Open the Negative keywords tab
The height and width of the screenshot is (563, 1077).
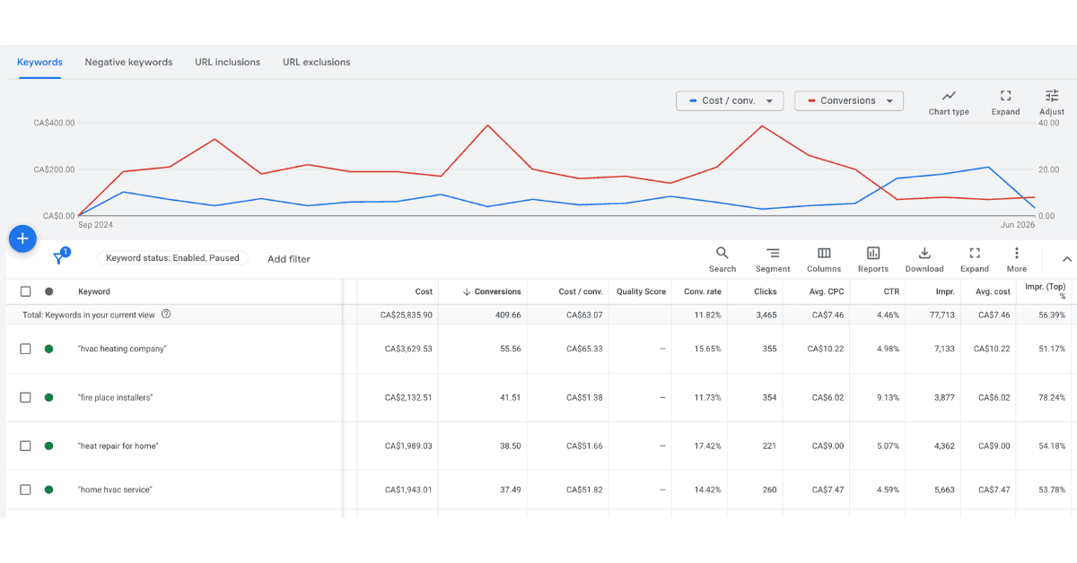point(128,62)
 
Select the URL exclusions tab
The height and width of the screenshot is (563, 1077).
point(316,62)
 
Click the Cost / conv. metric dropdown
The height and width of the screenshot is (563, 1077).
point(730,101)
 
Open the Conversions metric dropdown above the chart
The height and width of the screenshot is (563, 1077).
point(849,101)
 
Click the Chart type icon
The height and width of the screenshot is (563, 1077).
point(949,96)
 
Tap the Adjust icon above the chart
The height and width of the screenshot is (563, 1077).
point(1052,96)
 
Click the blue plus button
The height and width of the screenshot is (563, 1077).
point(22,238)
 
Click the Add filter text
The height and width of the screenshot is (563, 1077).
point(288,259)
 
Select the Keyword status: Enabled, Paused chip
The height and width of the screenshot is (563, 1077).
point(172,258)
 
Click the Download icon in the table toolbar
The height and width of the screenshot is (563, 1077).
point(924,253)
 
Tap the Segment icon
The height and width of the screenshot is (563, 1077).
point(773,253)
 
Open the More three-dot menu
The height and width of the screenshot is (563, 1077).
point(1016,253)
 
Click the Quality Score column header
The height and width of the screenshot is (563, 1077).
point(641,291)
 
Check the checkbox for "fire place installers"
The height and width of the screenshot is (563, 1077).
point(25,398)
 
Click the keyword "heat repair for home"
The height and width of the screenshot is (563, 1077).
point(118,446)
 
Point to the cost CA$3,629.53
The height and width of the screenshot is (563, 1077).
point(408,349)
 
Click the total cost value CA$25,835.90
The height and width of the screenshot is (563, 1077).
point(406,316)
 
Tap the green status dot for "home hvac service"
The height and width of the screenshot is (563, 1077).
point(49,490)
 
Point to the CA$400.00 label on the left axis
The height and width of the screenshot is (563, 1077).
point(54,123)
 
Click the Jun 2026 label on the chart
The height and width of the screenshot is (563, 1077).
point(1018,225)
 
